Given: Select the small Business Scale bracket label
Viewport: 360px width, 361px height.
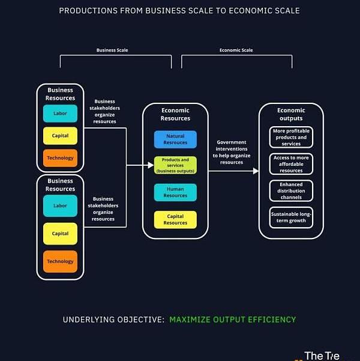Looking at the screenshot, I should [x=112, y=50].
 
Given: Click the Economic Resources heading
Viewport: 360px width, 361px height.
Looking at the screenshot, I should [x=175, y=114].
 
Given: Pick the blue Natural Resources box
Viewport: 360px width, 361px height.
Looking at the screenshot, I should [x=175, y=139].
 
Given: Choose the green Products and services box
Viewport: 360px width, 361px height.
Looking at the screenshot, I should [x=175, y=165].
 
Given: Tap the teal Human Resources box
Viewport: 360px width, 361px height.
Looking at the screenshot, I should [x=175, y=192].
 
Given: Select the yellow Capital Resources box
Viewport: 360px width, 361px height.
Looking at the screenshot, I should [x=175, y=219].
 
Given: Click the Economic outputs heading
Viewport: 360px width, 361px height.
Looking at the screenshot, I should [x=291, y=114].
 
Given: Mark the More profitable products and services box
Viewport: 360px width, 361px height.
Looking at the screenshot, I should [x=291, y=137].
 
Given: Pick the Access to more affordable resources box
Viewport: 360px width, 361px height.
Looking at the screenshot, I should [x=291, y=164].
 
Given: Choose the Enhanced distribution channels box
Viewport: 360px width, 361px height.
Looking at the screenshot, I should [x=291, y=191].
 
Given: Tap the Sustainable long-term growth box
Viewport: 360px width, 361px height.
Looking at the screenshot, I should [x=291, y=217].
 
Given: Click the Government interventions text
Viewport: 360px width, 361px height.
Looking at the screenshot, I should [x=232, y=152].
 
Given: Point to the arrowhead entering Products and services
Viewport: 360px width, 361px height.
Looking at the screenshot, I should [x=151, y=165].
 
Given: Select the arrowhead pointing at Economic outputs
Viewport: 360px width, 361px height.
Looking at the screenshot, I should [x=256, y=171].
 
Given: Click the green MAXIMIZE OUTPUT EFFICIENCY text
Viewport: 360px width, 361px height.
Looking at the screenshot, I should [x=232, y=319].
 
